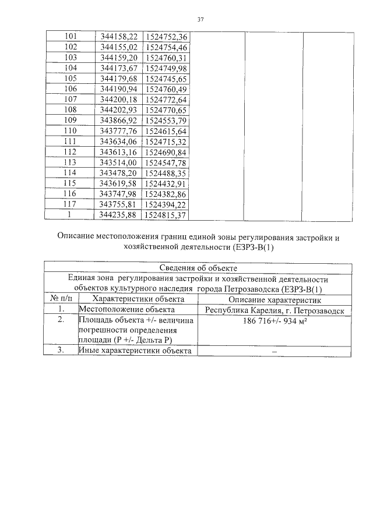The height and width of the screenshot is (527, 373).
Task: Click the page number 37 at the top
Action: [x=200, y=20]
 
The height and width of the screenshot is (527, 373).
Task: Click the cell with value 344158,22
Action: [x=118, y=37]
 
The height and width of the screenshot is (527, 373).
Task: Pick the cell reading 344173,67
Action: [x=118, y=68]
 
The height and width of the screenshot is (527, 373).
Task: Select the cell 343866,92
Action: [x=118, y=120]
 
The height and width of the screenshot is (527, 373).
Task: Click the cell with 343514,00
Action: [x=118, y=162]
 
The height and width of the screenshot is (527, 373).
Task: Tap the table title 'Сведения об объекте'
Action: [x=198, y=268]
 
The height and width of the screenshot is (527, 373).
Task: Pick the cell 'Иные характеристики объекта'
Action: [x=135, y=351]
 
